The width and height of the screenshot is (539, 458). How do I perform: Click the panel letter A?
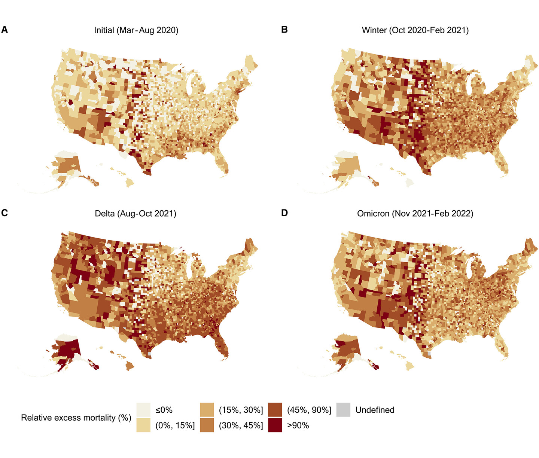tap(4, 30)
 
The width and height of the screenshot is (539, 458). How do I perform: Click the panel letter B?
tap(284, 30)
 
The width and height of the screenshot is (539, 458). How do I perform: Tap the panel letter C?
tap(4, 213)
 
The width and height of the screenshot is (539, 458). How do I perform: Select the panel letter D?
tap(284, 213)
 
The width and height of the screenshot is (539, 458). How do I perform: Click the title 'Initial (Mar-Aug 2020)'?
tap(136, 30)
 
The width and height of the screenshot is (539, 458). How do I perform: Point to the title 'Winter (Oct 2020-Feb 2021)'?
tap(415, 30)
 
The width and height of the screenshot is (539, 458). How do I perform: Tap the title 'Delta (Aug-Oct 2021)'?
tap(135, 214)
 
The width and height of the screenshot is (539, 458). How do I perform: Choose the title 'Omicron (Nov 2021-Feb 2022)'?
tap(415, 214)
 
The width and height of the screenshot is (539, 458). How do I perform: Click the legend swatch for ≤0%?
tap(143, 410)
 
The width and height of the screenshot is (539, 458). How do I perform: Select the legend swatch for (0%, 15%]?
tap(143, 425)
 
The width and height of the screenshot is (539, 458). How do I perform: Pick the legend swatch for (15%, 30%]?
tap(207, 410)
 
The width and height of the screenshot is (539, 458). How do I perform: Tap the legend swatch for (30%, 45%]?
tap(207, 425)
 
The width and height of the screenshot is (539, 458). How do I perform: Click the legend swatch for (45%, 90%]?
tap(275, 410)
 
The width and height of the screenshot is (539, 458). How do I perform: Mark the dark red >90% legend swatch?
tap(275, 425)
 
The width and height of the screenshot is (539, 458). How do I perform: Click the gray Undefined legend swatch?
tap(344, 410)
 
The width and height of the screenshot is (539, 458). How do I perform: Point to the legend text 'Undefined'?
tap(375, 410)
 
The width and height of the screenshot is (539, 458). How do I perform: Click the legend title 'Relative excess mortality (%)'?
tap(76, 418)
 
